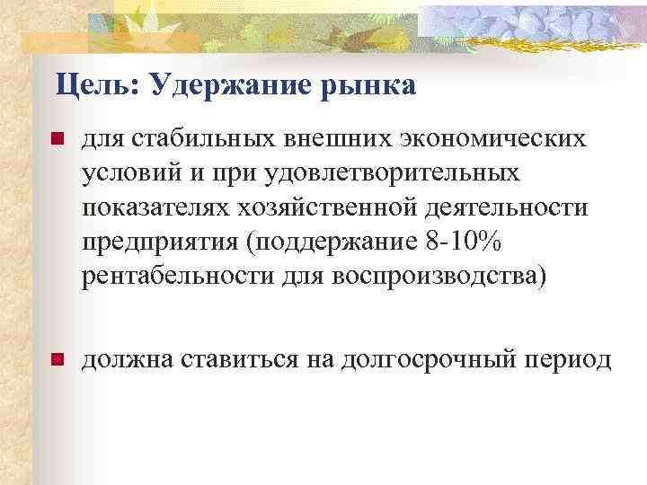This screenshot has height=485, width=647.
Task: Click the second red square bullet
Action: point(56,361)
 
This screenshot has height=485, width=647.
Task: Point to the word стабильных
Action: point(203,139)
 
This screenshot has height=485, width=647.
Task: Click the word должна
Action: point(125,360)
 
